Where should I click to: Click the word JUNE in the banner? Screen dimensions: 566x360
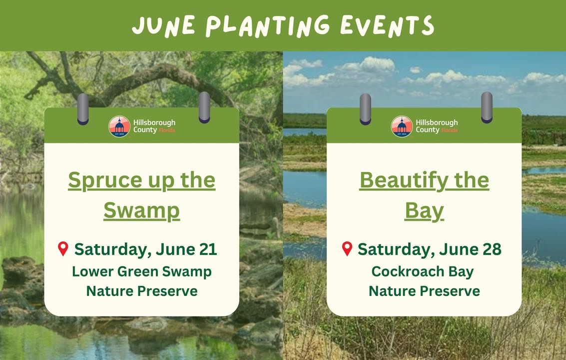pyautogui.click(x=164, y=26)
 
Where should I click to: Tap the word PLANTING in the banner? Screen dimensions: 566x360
pyautogui.click(x=268, y=26)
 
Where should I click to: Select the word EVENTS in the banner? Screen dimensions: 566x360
pyautogui.click(x=387, y=26)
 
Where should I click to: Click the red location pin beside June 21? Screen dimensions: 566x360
pyautogui.click(x=63, y=249)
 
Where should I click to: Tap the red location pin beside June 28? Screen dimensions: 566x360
pyautogui.click(x=347, y=249)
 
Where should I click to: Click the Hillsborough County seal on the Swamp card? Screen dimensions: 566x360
pyautogui.click(x=119, y=126)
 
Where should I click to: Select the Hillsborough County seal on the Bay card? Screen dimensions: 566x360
pyautogui.click(x=402, y=126)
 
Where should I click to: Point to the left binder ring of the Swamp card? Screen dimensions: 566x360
pyautogui.click(x=83, y=109)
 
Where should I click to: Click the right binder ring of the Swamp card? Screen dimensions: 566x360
pyautogui.click(x=204, y=107)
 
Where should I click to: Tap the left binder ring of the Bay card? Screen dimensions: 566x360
pyautogui.click(x=365, y=109)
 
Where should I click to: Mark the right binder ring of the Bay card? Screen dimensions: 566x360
pyautogui.click(x=487, y=107)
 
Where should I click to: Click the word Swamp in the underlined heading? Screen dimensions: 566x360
pyautogui.click(x=141, y=211)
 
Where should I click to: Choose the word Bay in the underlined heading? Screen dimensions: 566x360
pyautogui.click(x=424, y=211)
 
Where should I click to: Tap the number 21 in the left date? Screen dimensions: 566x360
pyautogui.click(x=208, y=249)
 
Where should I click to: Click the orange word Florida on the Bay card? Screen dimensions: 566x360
pyautogui.click(x=450, y=130)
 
